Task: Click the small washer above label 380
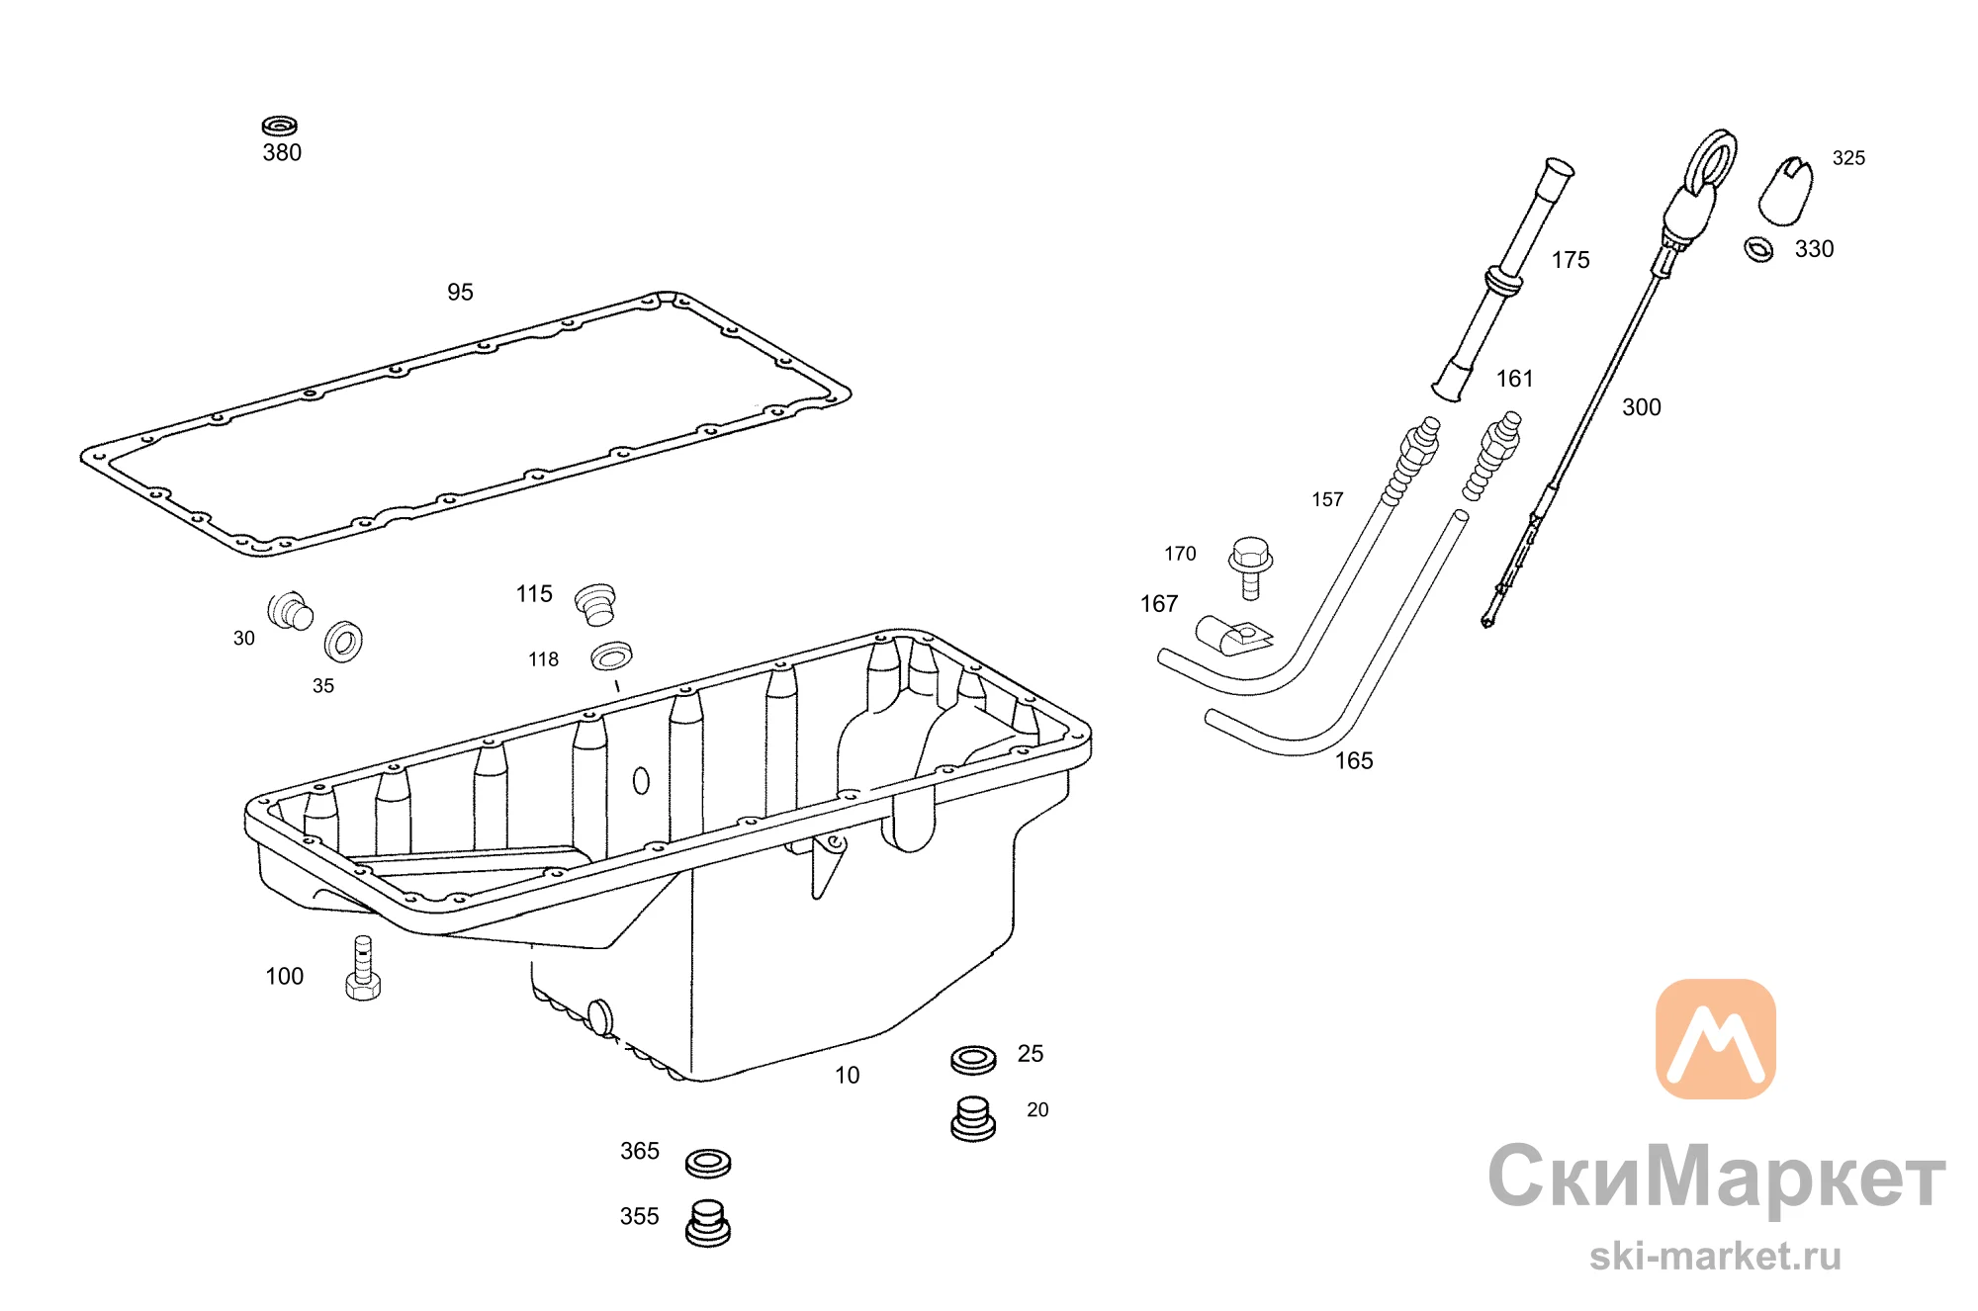coord(280,127)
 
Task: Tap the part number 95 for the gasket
coord(460,292)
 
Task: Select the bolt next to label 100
coord(363,968)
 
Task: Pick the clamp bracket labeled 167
coord(1232,635)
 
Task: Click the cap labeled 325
coord(1785,191)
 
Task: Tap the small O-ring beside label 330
coord(1758,249)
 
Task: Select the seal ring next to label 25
coord(973,1060)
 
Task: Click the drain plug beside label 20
coord(973,1119)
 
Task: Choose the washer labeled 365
coord(708,1163)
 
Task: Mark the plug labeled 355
coord(708,1223)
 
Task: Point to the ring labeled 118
coord(611,655)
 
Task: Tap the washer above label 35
coord(343,642)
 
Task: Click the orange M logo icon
coord(1716,1039)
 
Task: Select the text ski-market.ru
coord(1715,1256)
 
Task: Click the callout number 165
coord(1354,760)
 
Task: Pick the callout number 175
coord(1571,260)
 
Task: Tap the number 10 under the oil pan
coord(848,1075)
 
